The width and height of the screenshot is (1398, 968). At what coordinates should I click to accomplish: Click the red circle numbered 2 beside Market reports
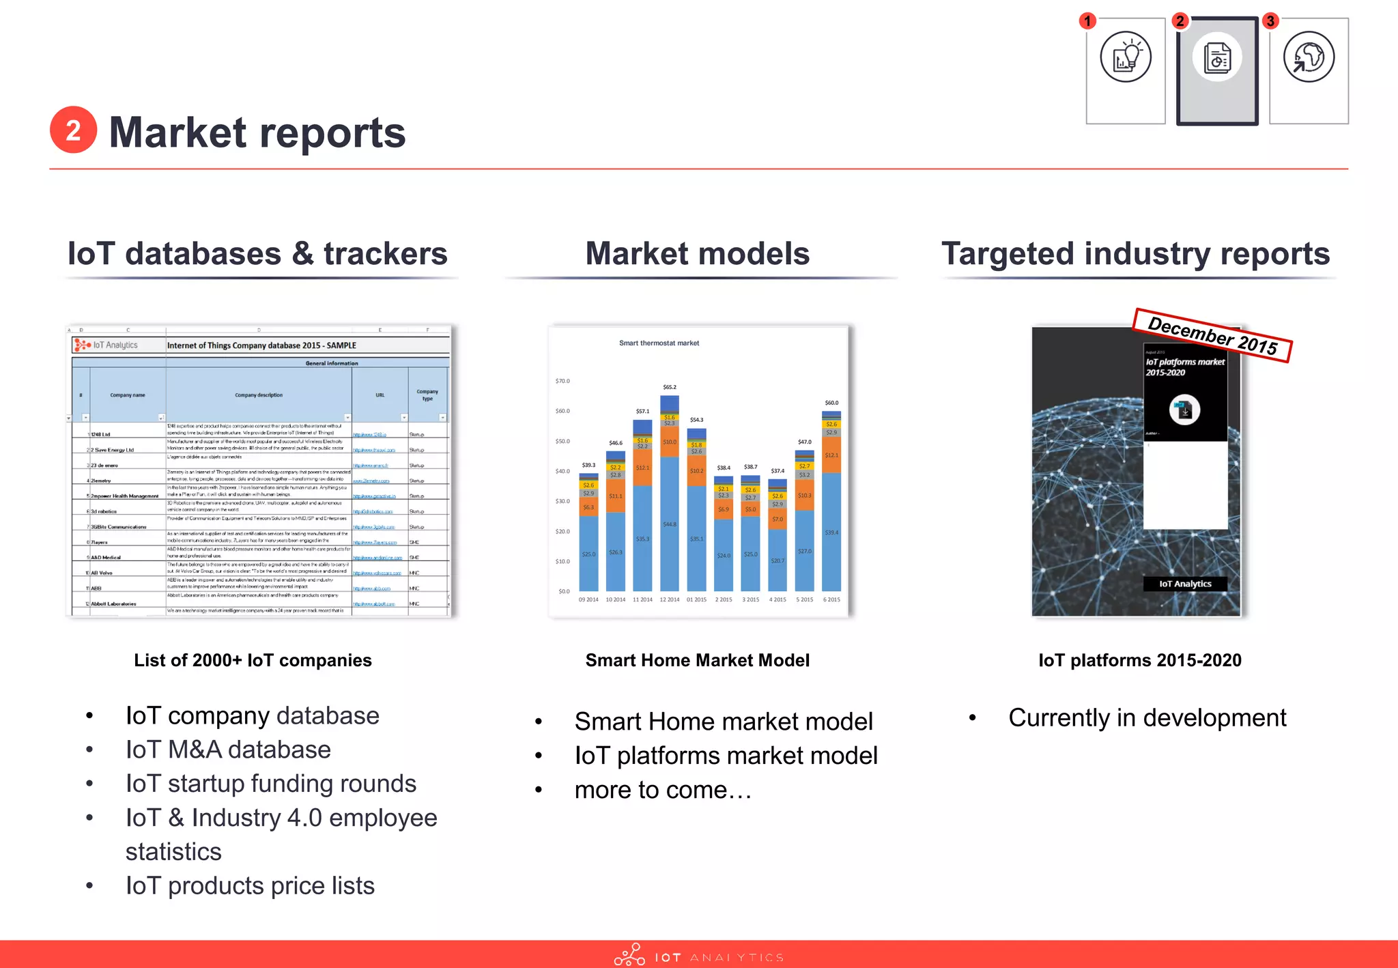(x=73, y=130)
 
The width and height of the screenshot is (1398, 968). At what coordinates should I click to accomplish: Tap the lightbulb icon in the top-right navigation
(x=1125, y=57)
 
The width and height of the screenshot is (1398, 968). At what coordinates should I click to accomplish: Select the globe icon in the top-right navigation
(x=1308, y=57)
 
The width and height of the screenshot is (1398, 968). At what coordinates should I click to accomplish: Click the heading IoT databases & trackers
(x=257, y=254)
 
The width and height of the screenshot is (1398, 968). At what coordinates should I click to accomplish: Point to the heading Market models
(x=697, y=254)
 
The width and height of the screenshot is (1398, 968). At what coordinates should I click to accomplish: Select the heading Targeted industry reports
(x=1135, y=254)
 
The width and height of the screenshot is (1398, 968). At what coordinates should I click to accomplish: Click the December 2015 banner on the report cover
(x=1212, y=335)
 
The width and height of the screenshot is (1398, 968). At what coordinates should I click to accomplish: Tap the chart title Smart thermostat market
(x=659, y=343)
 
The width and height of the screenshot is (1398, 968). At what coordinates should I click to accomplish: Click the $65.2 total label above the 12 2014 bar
(x=670, y=387)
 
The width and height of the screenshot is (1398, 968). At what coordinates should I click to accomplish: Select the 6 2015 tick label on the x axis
(x=831, y=600)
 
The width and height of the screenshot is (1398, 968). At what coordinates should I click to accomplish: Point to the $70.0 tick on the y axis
(x=562, y=381)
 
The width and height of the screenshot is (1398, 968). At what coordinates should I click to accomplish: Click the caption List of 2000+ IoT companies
(x=253, y=660)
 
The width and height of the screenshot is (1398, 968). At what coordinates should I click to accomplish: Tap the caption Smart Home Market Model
(x=697, y=660)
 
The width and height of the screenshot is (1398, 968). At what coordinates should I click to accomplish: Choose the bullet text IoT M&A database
(x=228, y=750)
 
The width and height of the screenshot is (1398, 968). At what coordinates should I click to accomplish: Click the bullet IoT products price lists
(x=250, y=885)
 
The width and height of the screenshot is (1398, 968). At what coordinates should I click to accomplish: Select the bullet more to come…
(x=663, y=790)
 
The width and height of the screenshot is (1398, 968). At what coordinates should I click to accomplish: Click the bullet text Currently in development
(x=1147, y=717)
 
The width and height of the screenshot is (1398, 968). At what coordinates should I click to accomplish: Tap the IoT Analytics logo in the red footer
(x=698, y=956)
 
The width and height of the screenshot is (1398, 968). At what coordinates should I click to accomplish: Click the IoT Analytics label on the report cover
(x=1185, y=584)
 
